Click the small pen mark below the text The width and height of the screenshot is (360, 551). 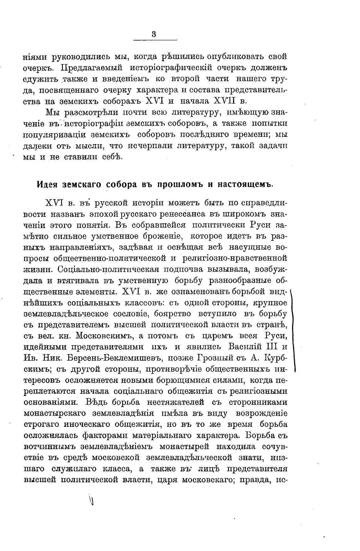(x=92, y=500)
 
